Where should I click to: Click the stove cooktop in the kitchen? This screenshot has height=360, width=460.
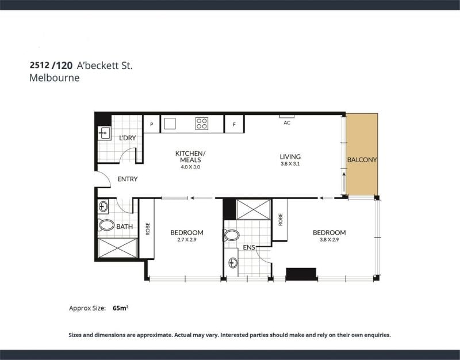pos(202,124)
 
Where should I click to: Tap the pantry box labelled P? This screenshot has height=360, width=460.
pos(151,124)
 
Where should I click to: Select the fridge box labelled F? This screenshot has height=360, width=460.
pos(234,124)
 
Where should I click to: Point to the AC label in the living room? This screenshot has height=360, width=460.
pos(287,122)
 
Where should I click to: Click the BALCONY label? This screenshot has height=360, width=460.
pos(362,160)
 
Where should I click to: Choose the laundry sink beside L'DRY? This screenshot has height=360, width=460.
pos(104,133)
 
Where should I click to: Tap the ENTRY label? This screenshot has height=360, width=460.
pos(127,179)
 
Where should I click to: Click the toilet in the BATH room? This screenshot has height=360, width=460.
pos(106,225)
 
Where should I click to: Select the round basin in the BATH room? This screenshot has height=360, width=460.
pos(103,206)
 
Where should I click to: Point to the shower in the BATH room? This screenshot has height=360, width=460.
pos(117,248)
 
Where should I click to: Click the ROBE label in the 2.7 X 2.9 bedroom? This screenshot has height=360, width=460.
pos(148,229)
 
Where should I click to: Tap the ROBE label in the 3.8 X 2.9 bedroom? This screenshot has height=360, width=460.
pos(281,220)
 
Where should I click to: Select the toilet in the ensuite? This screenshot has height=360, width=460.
pos(232,235)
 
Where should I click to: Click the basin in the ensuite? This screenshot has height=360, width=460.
pos(233,263)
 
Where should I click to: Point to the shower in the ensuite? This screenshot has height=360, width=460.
pos(254,209)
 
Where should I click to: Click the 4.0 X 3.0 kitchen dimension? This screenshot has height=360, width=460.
pos(190,167)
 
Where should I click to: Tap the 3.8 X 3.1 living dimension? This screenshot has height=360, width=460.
pos(290,164)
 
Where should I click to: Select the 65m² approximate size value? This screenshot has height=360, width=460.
pos(121,308)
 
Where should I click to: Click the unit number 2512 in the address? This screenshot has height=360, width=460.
pos(39,65)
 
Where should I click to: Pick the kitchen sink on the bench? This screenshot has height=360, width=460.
pos(170,124)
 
